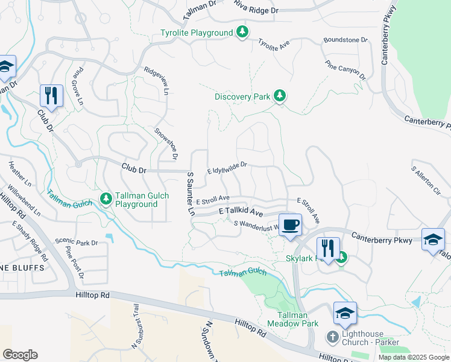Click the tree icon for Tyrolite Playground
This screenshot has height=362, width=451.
coord(242,32)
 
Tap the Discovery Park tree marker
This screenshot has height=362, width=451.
coord(279,96)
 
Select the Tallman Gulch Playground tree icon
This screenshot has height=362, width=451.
coord(106,198)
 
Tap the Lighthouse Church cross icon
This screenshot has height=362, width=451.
coord(332,335)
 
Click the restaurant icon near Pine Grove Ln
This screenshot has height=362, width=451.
coord(51,95)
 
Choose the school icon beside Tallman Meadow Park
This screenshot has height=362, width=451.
coord(345,313)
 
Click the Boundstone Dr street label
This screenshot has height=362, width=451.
coord(345,40)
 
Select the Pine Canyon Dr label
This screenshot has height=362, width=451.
coord(345,70)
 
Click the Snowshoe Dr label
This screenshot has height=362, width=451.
coord(166,144)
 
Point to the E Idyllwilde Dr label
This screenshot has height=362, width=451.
coord(227,167)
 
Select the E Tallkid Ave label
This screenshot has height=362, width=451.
coord(241,212)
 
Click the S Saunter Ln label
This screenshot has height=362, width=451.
coord(191,194)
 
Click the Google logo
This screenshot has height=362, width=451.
coord(20,354)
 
